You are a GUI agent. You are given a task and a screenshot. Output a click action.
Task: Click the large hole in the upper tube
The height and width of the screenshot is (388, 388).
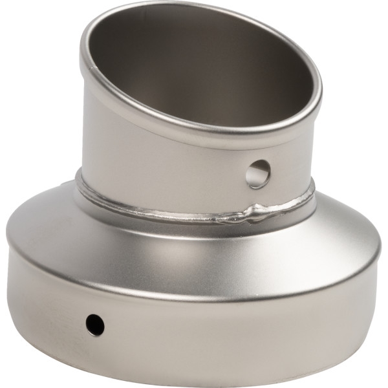click(258, 174)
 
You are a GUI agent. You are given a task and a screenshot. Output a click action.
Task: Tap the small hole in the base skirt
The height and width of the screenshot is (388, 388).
click(94, 324)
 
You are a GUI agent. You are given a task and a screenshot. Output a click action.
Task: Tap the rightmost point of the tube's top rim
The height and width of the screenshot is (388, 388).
click(321, 97)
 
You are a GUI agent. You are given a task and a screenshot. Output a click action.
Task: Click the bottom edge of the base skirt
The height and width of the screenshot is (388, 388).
click(194, 383)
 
